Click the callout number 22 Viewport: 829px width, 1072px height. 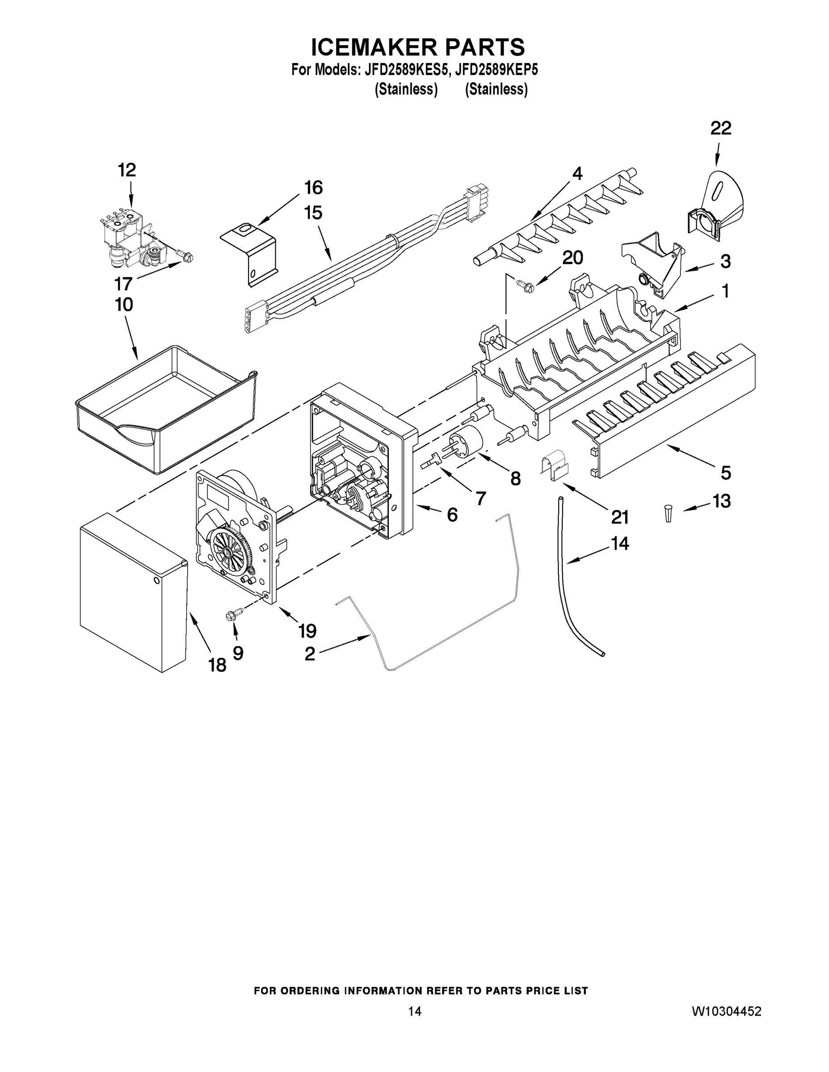click(720, 129)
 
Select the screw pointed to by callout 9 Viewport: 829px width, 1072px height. click(234, 614)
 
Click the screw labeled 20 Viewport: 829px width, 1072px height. click(523, 284)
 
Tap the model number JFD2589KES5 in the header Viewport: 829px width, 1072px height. click(406, 70)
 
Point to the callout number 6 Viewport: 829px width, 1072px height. click(452, 515)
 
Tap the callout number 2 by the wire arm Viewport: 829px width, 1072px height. click(309, 653)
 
